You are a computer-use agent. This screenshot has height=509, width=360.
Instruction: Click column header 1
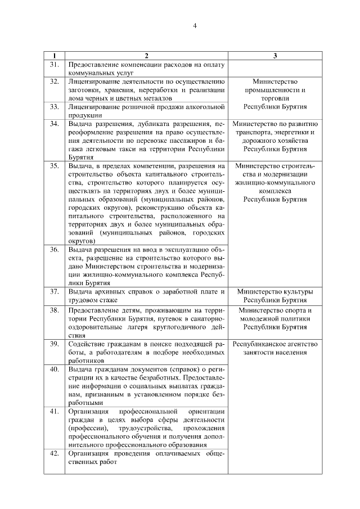[54, 56]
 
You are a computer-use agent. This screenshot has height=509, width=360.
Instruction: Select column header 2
[146, 56]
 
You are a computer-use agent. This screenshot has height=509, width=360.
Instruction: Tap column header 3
[275, 56]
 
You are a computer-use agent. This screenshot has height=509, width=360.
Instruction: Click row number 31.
[55, 65]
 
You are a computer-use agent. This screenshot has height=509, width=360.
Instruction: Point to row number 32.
[55, 82]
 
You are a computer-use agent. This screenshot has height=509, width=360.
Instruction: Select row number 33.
[55, 106]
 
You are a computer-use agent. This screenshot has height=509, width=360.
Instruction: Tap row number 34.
[55, 123]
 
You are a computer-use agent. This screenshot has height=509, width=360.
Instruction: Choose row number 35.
[55, 166]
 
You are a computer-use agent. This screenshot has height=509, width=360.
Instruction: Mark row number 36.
[55, 249]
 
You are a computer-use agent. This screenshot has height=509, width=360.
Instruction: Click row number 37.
[55, 291]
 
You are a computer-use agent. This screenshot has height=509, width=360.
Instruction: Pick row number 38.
[55, 310]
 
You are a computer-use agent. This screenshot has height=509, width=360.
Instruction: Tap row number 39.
[55, 343]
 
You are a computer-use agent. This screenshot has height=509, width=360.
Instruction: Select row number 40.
[55, 369]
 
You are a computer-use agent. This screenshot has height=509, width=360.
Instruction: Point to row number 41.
[55, 411]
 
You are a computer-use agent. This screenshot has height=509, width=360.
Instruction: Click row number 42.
[55, 453]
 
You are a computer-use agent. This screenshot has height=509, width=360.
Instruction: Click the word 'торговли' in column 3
[275, 98]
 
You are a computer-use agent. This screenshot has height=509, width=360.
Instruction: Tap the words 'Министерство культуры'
[275, 292]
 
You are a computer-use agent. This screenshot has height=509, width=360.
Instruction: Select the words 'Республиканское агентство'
[275, 344]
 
